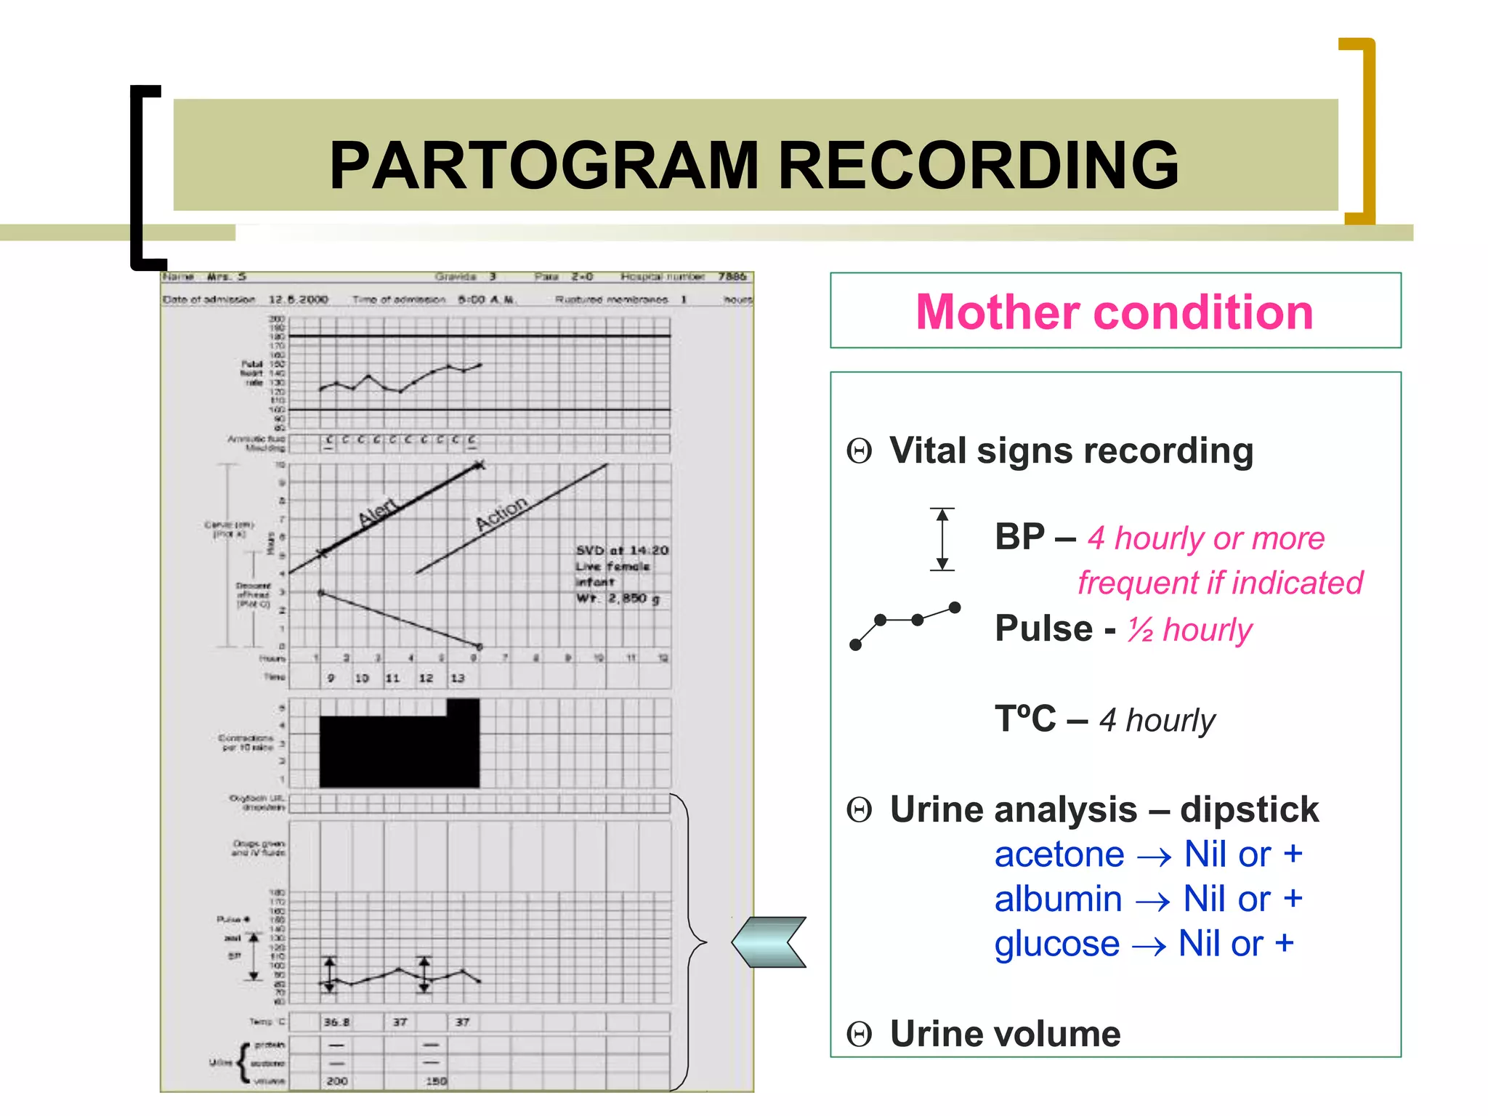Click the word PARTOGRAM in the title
543,166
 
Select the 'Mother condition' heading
1115,312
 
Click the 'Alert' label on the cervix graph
378,512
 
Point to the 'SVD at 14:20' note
621,550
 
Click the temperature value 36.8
336,1022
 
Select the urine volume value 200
336,1081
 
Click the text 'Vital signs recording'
1071,450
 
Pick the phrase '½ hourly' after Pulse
1189,629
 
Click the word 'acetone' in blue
1059,854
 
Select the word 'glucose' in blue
1056,944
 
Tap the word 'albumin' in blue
1058,899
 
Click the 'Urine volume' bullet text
1005,1033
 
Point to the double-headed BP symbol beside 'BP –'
942,539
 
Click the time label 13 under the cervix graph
457,678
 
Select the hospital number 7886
732,277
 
